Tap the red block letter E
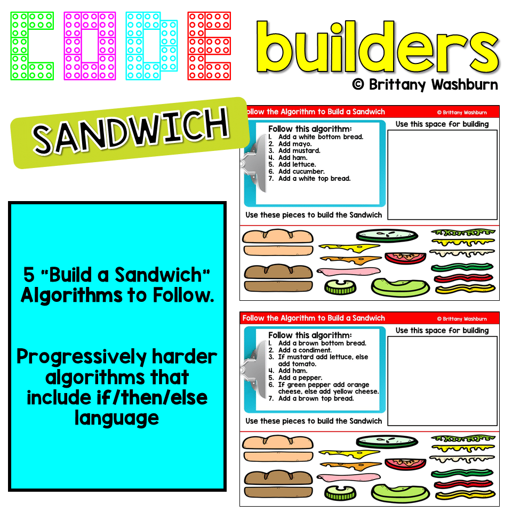(x=209, y=46)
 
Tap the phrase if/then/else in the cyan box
(x=117, y=398)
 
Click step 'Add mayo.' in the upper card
(x=295, y=144)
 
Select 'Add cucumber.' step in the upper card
(x=301, y=172)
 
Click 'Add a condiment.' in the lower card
(x=305, y=350)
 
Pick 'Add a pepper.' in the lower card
(x=300, y=378)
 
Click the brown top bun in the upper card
(x=278, y=271)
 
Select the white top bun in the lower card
(x=278, y=442)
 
